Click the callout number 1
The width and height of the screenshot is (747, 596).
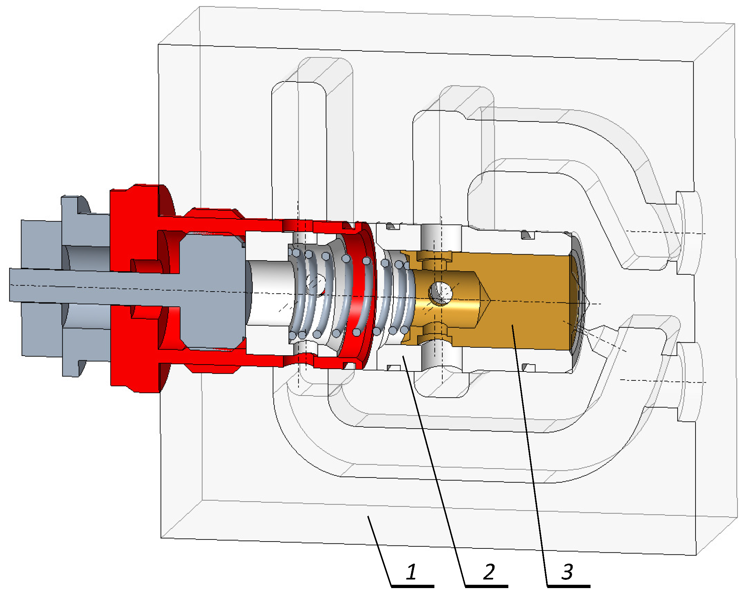coord(411,572)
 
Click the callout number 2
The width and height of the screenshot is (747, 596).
coord(489,572)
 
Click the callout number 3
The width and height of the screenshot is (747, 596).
coord(567,572)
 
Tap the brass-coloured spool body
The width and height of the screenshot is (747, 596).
coord(526,305)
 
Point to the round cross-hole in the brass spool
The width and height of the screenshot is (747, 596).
coord(440,293)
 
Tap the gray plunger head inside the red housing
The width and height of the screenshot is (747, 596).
coord(211,291)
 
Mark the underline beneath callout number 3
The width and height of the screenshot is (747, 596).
coord(568,586)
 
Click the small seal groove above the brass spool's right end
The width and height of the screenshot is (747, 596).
coord(528,236)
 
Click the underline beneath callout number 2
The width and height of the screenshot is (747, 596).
coord(487,586)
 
